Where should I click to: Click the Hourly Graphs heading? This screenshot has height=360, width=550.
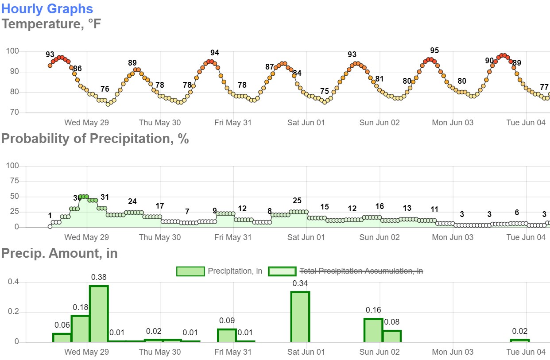pyautogui.click(x=47, y=9)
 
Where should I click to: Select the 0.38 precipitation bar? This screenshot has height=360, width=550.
pyautogui.click(x=99, y=314)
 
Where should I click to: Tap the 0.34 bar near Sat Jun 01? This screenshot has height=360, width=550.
pyautogui.click(x=300, y=317)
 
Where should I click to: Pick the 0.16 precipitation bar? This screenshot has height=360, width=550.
pyautogui.click(x=373, y=330)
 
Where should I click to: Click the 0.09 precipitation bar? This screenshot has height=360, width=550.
pyautogui.click(x=227, y=336)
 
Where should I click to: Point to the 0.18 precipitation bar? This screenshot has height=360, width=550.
pyautogui.click(x=80, y=329)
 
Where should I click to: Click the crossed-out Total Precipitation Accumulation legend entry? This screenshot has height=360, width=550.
pyautogui.click(x=361, y=271)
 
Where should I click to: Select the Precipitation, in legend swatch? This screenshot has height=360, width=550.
pyautogui.click(x=190, y=271)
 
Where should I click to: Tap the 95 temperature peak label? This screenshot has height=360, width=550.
pyautogui.click(x=434, y=50)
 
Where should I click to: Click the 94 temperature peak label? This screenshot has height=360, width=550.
pyautogui.click(x=215, y=53)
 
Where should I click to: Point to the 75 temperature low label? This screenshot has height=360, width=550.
pyautogui.click(x=324, y=91)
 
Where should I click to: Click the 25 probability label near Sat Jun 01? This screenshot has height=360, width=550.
pyautogui.click(x=297, y=201)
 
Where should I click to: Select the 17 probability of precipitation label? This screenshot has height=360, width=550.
pyautogui.click(x=159, y=206)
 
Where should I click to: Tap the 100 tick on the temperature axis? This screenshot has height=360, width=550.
pyautogui.click(x=12, y=51)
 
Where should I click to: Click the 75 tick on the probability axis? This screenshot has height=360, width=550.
pyautogui.click(x=14, y=181)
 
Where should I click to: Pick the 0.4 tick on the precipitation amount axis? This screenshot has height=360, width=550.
pyautogui.click(x=13, y=282)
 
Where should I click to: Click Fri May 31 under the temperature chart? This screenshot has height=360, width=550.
pyautogui.click(x=233, y=123)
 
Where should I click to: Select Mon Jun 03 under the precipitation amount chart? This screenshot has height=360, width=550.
pyautogui.click(x=453, y=352)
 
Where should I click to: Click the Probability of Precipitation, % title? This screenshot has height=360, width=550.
pyautogui.click(x=95, y=139)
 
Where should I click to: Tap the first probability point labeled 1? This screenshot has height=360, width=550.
pyautogui.click(x=50, y=226)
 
